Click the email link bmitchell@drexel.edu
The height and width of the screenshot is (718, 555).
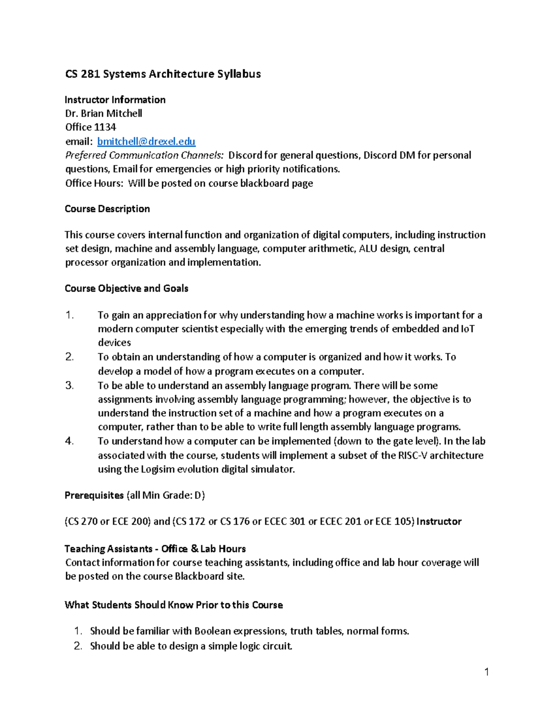146,141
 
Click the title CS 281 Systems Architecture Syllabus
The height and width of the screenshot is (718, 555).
163,74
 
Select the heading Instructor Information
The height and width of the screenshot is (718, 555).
115,100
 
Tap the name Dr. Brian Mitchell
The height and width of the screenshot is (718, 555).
104,114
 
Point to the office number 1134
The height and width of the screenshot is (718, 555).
105,127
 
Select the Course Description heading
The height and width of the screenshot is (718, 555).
107,209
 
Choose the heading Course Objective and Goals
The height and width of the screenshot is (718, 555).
126,288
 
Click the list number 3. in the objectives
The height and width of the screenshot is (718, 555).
69,386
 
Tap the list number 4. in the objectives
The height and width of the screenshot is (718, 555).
69,441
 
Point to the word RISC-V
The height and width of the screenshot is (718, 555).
413,455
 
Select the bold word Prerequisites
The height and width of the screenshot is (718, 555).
94,496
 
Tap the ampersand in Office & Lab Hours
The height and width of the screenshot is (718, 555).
194,549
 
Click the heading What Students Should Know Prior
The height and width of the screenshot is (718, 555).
173,605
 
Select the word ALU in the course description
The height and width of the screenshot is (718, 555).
368,249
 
